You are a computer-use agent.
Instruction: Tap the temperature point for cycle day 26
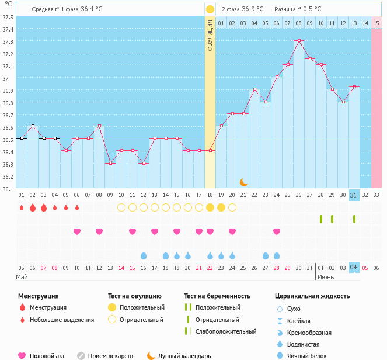(299, 41)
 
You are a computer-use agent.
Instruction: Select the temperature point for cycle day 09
(110, 163)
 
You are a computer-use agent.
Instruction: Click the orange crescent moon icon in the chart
(244, 182)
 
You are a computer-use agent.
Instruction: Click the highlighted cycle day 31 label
(354, 195)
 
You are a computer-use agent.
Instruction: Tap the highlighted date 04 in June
(354, 268)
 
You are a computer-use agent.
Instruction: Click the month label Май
(22, 276)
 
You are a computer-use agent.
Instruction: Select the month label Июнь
(326, 276)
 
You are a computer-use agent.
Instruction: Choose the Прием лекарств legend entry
(110, 355)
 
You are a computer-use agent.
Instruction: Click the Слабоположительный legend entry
(226, 331)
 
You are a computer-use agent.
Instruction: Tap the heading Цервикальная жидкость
(312, 296)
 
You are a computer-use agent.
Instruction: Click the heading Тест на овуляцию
(135, 296)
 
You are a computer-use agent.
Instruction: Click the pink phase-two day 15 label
(376, 23)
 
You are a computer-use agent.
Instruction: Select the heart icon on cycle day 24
(277, 231)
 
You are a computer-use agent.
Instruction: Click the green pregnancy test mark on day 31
(354, 219)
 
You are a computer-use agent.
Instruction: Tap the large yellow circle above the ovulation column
(210, 9)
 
